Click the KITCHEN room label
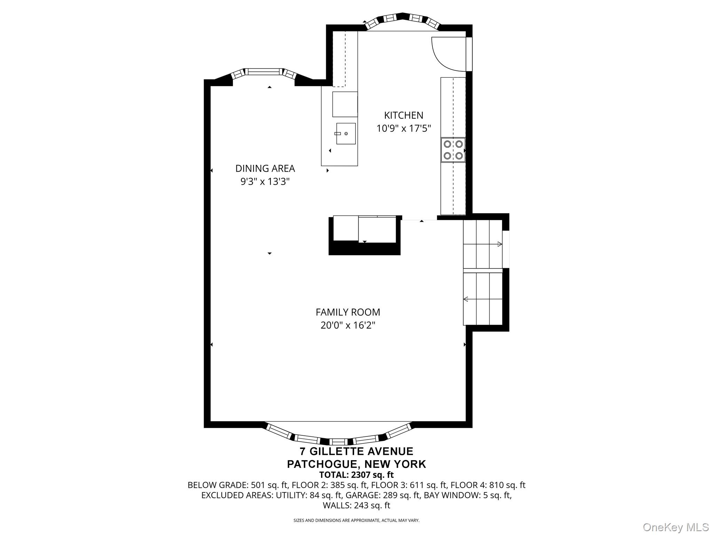(x=403, y=115)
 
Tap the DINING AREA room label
(x=265, y=169)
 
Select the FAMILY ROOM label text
(x=348, y=312)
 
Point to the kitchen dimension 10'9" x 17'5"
(x=403, y=129)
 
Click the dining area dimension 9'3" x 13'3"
(x=265, y=181)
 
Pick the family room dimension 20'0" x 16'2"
(x=348, y=325)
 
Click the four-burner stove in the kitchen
(x=453, y=150)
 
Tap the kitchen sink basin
(x=346, y=134)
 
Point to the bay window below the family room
(x=337, y=435)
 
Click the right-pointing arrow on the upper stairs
(x=483, y=244)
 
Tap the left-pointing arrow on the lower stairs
(x=483, y=299)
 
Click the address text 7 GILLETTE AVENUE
(x=356, y=451)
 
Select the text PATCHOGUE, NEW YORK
(x=356, y=464)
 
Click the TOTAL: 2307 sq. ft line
(x=356, y=475)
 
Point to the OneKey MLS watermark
(x=675, y=527)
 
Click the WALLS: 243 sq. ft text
(x=356, y=505)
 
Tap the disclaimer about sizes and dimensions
(x=356, y=520)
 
